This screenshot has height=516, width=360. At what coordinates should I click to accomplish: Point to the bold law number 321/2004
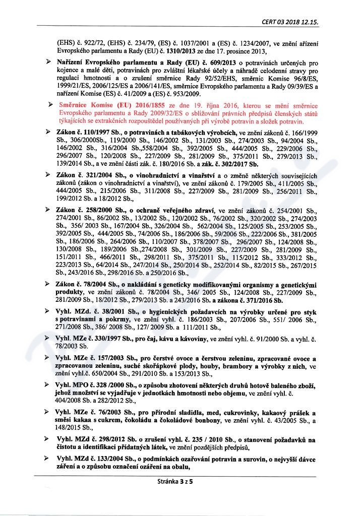pos(97,174)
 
